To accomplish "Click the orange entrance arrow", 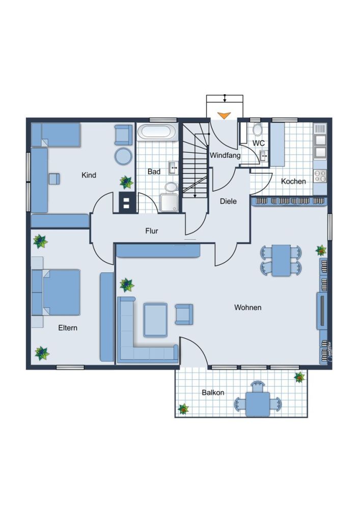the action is point(224,115).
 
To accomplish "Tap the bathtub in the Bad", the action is point(157,132).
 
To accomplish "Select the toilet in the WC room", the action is point(258,129).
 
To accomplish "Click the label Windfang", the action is point(225,155).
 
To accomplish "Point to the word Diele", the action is point(228,201).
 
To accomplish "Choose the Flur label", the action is point(152,231).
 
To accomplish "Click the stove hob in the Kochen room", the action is point(320,177).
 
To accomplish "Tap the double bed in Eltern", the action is point(56,292).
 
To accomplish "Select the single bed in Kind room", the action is point(56,135).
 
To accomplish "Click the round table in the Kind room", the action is point(123,156).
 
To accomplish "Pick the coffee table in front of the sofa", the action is point(155,320).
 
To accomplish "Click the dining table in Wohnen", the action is point(281,260).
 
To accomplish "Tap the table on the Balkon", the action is point(258,404).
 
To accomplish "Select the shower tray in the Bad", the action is point(169,203).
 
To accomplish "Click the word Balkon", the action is point(213,393).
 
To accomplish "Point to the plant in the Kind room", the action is point(126,182).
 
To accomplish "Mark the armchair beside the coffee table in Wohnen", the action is point(184,314).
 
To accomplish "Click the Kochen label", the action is point(293,182).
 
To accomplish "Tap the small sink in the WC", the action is point(264,156).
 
